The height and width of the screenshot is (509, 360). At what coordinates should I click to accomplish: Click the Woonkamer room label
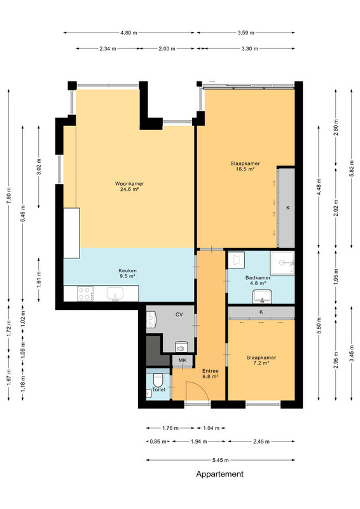[x=129, y=186]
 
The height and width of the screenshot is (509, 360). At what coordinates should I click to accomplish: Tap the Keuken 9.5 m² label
[x=127, y=274]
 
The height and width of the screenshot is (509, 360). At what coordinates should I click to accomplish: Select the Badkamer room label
[x=258, y=280]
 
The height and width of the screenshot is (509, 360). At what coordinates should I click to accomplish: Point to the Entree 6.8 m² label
[x=210, y=373]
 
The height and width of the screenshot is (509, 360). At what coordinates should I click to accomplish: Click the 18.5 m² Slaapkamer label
[x=245, y=166]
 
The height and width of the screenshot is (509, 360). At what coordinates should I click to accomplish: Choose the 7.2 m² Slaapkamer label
[x=261, y=360]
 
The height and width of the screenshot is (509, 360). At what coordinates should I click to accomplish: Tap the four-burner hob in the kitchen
[x=85, y=293]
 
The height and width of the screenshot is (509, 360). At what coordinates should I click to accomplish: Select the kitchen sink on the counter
[x=115, y=294]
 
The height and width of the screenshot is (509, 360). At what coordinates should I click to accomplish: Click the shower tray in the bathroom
[x=282, y=263]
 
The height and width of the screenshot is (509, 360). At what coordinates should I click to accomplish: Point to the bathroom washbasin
[x=263, y=296]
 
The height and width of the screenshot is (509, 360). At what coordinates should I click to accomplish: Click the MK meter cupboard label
[x=183, y=360]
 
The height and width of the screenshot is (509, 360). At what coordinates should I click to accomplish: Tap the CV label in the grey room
[x=179, y=314]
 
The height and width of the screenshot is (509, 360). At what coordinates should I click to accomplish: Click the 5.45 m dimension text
[x=221, y=460]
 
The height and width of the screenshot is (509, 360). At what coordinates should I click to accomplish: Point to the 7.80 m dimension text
[x=9, y=195]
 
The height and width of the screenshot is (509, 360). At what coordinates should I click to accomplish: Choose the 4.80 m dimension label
[x=128, y=32]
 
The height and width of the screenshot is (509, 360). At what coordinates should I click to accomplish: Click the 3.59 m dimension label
[x=246, y=32]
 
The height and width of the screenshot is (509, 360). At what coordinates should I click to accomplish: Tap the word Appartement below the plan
[x=220, y=474]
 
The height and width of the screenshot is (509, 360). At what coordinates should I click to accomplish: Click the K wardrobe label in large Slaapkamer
[x=287, y=208]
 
